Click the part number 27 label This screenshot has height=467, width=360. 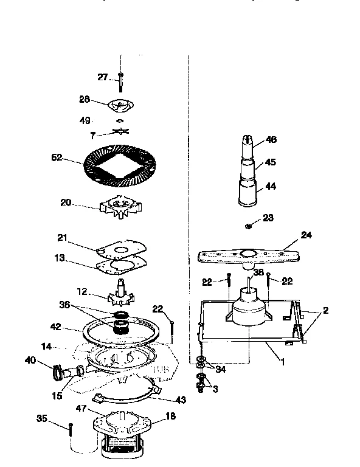tap(102, 77)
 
